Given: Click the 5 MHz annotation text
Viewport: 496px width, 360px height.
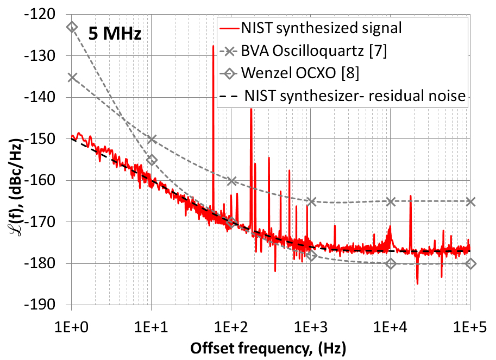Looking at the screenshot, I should [116, 34].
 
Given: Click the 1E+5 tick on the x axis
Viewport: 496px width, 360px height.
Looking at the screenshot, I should [470, 327].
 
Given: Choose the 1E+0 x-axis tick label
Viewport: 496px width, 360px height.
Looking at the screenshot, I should [71, 327].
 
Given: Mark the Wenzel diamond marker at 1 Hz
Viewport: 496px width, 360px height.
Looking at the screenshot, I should [72, 27].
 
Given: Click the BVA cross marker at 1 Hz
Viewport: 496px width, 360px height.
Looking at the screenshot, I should [72, 78].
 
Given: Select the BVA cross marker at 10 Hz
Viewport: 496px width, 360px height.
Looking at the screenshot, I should [152, 139].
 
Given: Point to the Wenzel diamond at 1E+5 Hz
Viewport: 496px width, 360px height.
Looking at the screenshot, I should [470, 263].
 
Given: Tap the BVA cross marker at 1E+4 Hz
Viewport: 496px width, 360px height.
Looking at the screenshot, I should [391, 201].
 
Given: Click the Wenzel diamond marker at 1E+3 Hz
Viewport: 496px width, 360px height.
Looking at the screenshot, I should [311, 255].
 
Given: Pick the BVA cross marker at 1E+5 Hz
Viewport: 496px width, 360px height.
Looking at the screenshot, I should [470, 201].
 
